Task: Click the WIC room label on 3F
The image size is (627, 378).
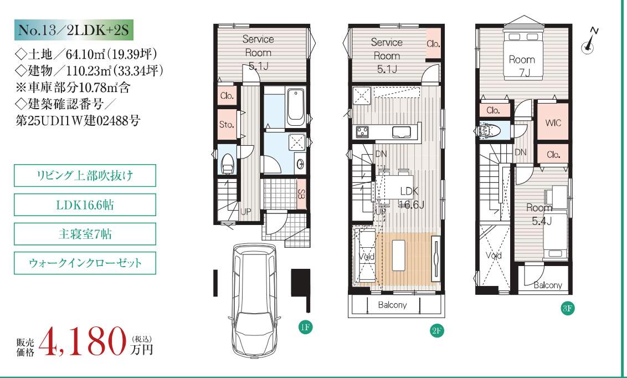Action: coord(553,123)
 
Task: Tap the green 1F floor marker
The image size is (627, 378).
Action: coord(305,327)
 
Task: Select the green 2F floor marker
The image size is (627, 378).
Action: coord(436,331)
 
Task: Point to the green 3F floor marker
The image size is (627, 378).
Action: coord(568,308)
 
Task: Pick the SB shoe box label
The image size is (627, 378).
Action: coord(301,195)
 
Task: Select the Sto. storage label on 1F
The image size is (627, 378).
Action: coord(227,124)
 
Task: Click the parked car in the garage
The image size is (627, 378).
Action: coord(254,299)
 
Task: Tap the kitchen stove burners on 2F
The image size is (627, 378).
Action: coord(363,131)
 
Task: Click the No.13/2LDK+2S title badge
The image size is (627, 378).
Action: coord(74,30)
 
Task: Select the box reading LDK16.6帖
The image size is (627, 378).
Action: coord(85,205)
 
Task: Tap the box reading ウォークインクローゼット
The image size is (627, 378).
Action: coord(85,263)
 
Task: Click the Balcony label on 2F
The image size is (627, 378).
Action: coord(392,305)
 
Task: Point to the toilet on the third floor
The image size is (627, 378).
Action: coord(489,130)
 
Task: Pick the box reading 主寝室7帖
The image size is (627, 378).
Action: coord(85,234)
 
